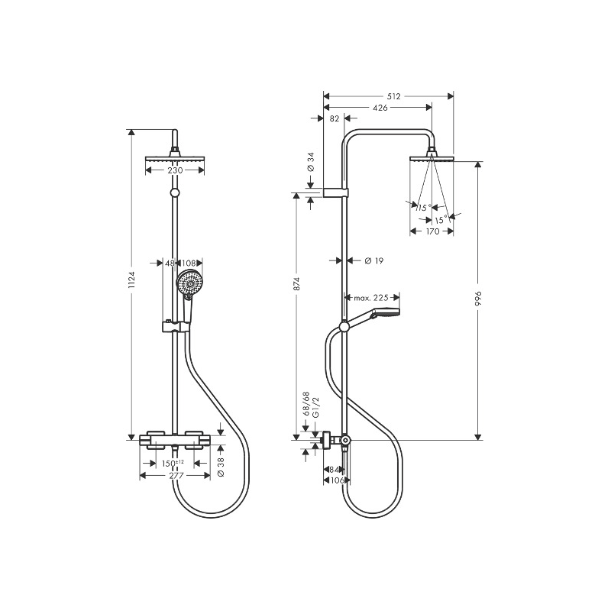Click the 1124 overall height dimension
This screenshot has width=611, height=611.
click(131, 280)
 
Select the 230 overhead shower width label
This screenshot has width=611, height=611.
click(175, 170)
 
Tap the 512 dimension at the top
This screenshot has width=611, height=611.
click(393, 96)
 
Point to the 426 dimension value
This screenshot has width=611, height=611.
click(380, 108)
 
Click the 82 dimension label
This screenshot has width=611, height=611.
click(335, 118)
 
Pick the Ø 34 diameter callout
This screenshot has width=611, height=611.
click(311, 162)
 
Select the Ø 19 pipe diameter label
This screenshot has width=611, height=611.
click(374, 260)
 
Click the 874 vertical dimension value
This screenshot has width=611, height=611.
click(297, 284)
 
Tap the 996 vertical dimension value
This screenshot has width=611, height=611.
click(479, 298)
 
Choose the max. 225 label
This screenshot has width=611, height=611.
click(371, 298)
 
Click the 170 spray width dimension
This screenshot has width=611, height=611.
click(432, 231)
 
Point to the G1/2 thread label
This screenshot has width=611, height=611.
click(315, 408)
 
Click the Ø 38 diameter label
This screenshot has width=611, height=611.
click(221, 467)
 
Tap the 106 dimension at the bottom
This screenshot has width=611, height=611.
click(337, 480)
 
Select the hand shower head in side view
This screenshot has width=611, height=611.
click(385, 312)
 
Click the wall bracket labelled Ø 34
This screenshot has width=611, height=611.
click(335, 192)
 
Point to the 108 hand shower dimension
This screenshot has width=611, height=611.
click(189, 263)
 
